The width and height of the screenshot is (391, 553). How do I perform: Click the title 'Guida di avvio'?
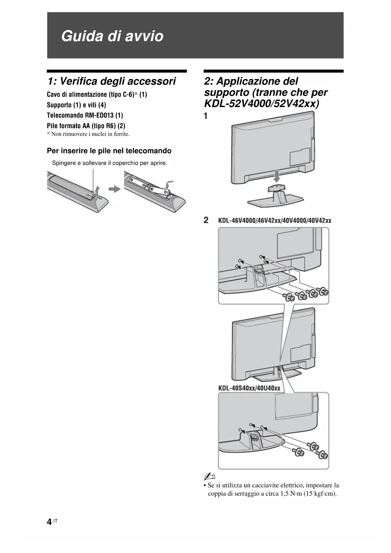(112, 36)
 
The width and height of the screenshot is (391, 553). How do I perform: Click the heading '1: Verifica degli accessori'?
(112, 81)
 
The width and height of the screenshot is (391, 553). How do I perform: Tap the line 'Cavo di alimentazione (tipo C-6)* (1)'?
(97, 95)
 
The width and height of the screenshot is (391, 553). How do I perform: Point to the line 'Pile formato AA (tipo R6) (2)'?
(86, 126)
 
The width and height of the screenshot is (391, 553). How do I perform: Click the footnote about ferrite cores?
(88, 134)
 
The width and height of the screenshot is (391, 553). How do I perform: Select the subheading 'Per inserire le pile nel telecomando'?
(109, 151)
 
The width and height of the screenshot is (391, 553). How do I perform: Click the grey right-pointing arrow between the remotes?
(114, 189)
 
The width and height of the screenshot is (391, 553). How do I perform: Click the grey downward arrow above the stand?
(277, 176)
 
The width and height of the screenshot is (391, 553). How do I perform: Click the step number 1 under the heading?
(206, 116)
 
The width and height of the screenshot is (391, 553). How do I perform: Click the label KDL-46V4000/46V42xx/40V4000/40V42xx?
(274, 220)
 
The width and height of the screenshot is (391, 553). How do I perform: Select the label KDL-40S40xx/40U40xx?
(249, 388)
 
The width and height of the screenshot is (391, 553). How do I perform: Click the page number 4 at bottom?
(49, 522)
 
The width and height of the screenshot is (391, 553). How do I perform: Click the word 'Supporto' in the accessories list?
(59, 105)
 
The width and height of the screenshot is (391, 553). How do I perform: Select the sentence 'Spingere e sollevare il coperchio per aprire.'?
(109, 163)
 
